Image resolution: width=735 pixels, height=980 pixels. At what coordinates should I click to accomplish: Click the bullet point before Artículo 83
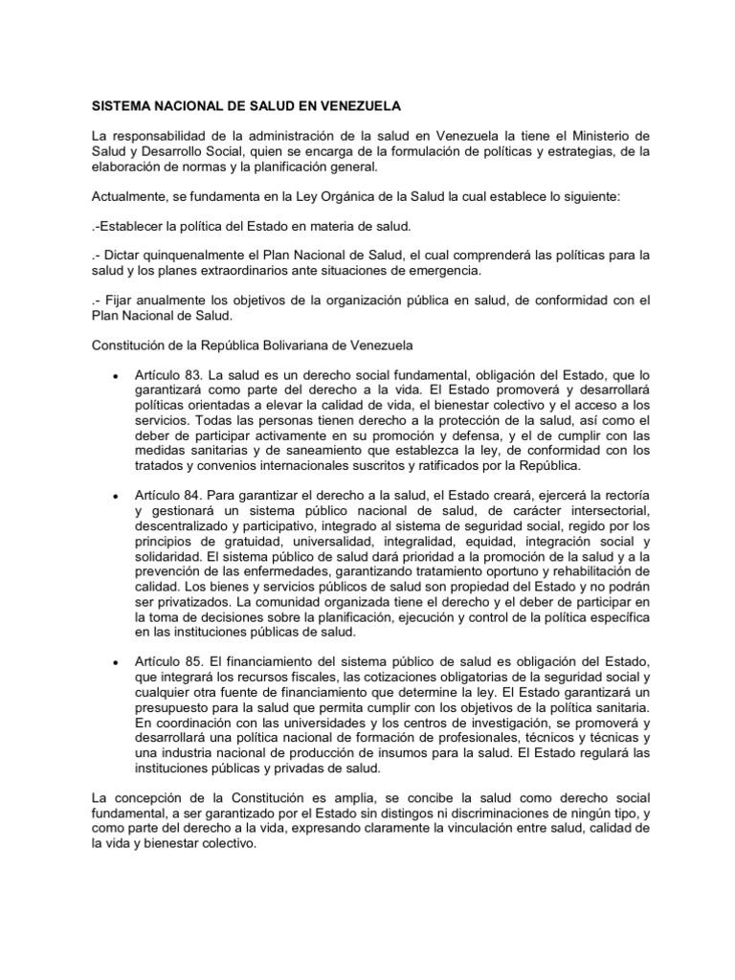pyautogui.click(x=116, y=375)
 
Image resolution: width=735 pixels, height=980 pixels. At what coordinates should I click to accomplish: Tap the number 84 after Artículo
pyautogui.click(x=199, y=493)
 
